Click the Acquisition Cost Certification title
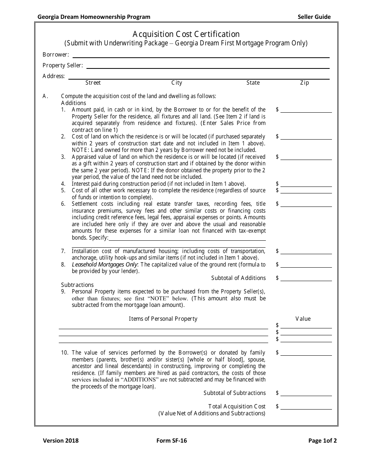pos(186,34)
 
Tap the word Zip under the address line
pos(304,83)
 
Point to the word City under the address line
pos(177,83)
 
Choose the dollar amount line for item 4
pos(306,185)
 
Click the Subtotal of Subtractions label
pos(234,393)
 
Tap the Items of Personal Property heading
pos(163,319)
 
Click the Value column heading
pos(303,319)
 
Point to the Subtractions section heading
pos(77,285)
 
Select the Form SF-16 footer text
pos(172,441)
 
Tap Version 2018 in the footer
pos(60,441)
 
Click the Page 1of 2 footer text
pos(322,441)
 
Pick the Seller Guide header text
pos(314,17)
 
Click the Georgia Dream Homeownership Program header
pos(94,17)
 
